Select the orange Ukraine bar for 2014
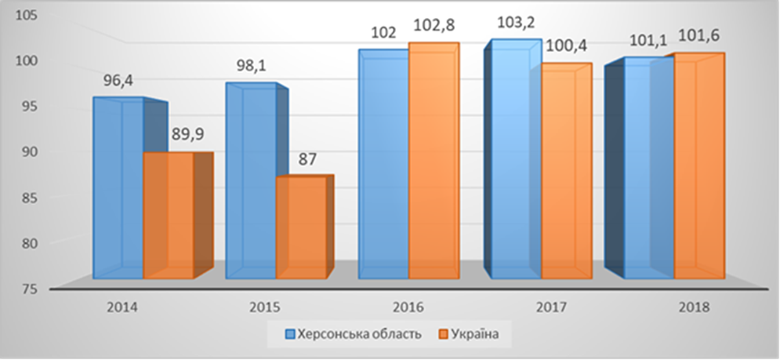click(168, 216)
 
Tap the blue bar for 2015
click(251, 180)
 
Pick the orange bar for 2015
click(301, 227)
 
